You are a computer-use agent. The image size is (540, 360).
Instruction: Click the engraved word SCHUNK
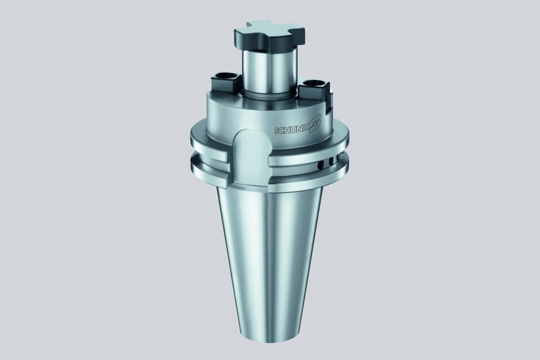coord(292,130)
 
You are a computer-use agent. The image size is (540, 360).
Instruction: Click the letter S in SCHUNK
coord(277,131)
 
